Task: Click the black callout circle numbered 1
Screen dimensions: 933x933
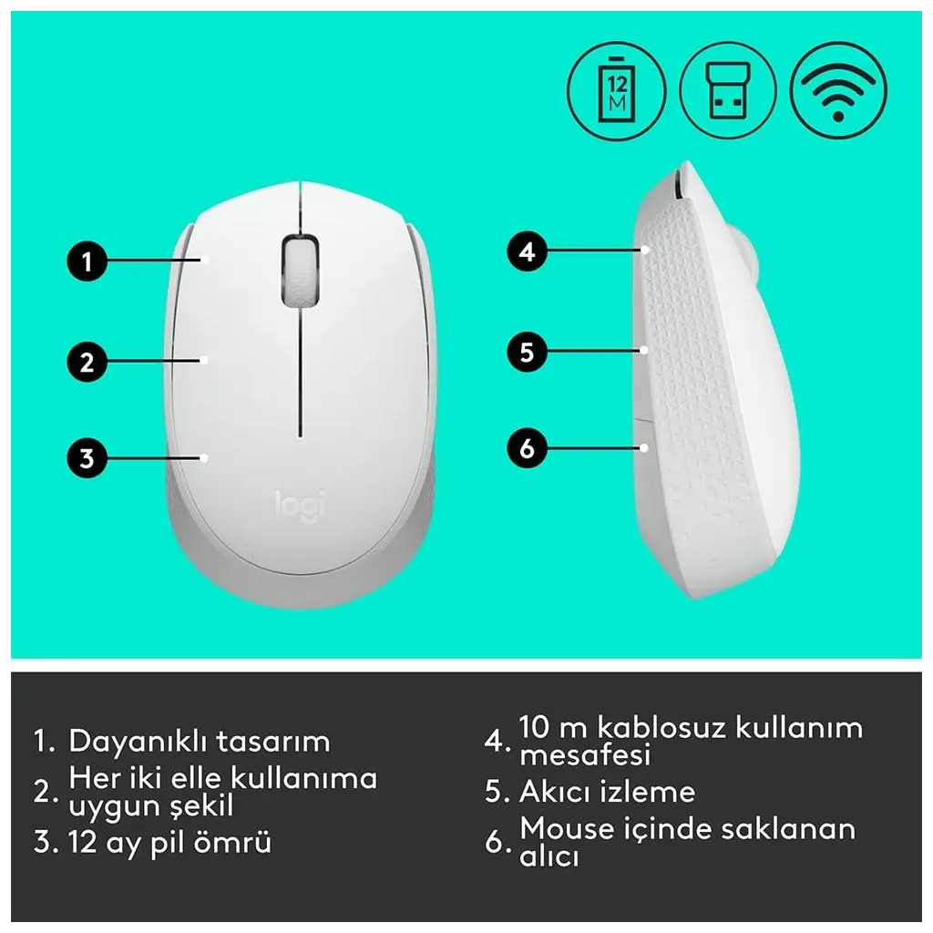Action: [87, 261]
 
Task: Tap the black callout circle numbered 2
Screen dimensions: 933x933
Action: [87, 361]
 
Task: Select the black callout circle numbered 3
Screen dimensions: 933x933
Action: [87, 457]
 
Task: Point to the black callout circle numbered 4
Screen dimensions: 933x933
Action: [528, 251]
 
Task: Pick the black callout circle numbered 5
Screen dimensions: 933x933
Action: [528, 352]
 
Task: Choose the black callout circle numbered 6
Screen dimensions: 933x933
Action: [528, 447]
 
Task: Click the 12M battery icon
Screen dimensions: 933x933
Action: [617, 91]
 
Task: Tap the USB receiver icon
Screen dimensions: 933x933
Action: [728, 91]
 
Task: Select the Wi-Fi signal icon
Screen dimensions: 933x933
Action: [838, 91]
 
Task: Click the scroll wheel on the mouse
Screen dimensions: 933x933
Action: [300, 272]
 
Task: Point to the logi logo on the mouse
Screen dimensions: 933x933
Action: [299, 506]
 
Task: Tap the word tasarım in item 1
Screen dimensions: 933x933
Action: [272, 742]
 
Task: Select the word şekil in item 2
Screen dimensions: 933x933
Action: [201, 806]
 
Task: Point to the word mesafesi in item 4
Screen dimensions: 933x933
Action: [585, 754]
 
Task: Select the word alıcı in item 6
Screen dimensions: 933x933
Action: [549, 856]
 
